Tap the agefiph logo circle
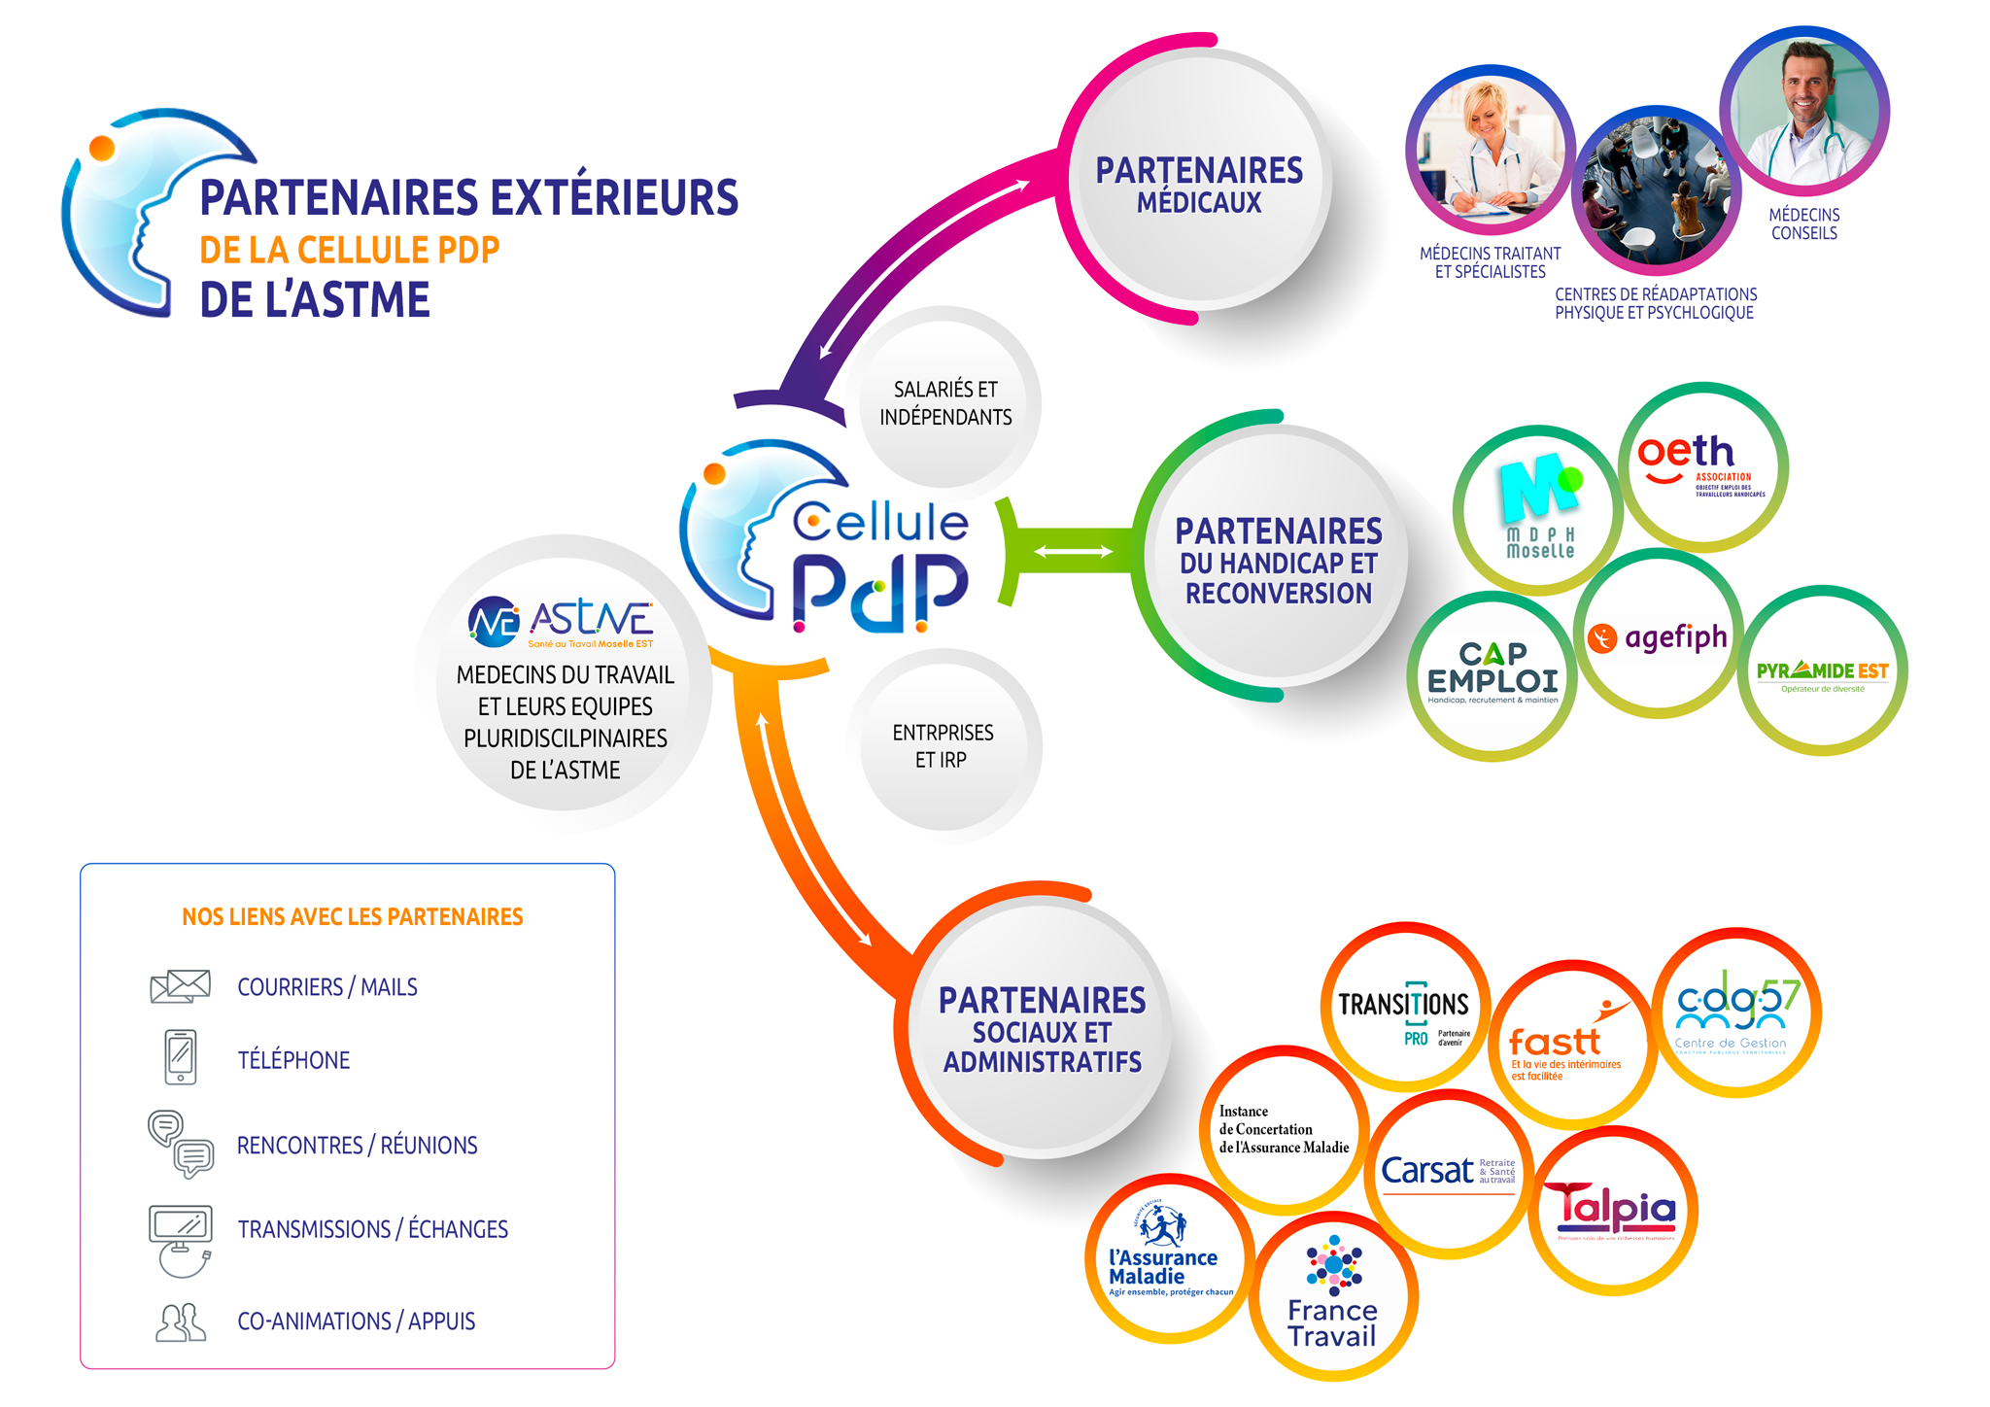point(1659,636)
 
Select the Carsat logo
point(1448,1172)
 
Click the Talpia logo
point(1613,1210)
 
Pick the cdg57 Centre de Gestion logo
point(1736,1012)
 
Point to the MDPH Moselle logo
point(1538,508)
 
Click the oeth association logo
point(1702,466)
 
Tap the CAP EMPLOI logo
point(1492,673)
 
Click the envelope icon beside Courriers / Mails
point(181,986)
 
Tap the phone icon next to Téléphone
point(181,1057)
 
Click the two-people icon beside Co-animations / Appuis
point(181,1322)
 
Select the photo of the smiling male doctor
point(1804,110)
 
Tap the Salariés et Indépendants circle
point(944,402)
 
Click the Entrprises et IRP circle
point(943,745)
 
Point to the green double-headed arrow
point(1073,552)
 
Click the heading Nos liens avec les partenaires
point(352,916)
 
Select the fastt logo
point(1567,1045)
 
